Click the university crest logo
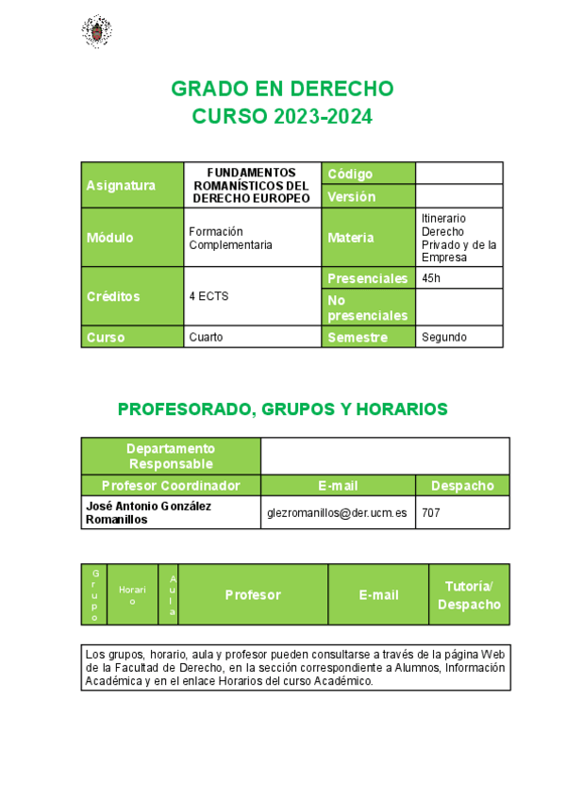(x=95, y=31)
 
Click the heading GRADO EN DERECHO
(x=282, y=90)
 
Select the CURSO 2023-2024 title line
(x=282, y=117)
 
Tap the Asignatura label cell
(x=132, y=185)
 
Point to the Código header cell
(x=369, y=174)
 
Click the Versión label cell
(x=369, y=196)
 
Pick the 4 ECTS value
(x=208, y=295)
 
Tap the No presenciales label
(x=368, y=308)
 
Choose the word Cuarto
(x=206, y=337)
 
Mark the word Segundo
(x=444, y=337)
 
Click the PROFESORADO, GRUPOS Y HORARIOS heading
(x=282, y=409)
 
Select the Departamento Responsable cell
(x=171, y=456)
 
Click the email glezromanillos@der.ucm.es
(x=337, y=512)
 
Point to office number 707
(x=430, y=512)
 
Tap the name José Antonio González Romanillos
(x=148, y=512)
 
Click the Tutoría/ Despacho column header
(x=469, y=595)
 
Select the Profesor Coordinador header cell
(x=171, y=486)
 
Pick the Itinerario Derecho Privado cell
(x=458, y=238)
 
